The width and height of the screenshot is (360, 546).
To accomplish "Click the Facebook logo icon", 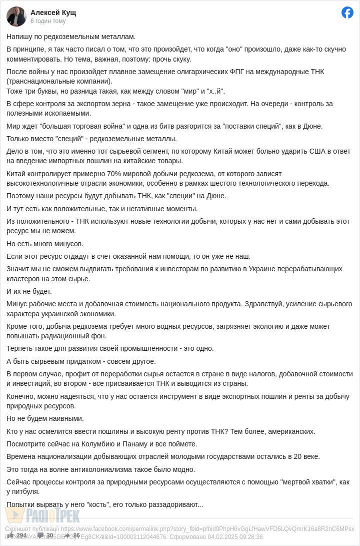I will [x=347, y=13].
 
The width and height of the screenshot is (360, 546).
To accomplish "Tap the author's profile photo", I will [x=16, y=17].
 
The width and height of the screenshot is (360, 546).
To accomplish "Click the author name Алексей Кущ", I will [x=53, y=13].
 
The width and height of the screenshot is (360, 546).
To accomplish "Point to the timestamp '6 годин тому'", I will [x=48, y=21].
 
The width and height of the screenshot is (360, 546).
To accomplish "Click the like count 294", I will [x=21, y=535].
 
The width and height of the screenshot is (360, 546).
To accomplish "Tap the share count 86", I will [x=76, y=535].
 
